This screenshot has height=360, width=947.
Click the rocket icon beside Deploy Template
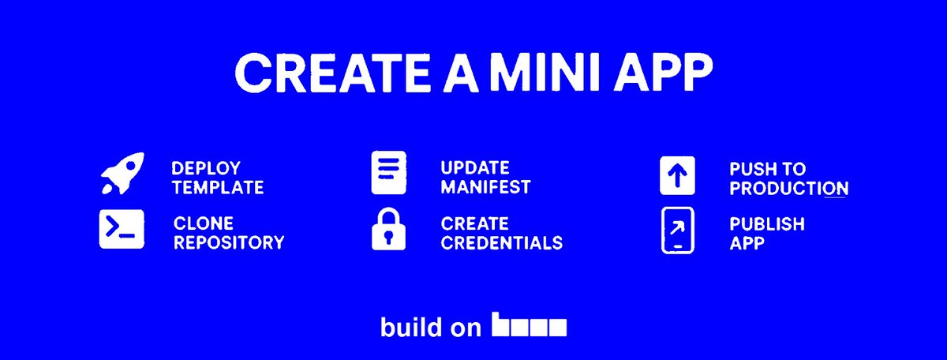click(x=122, y=174)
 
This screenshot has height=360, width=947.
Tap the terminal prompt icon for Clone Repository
click(x=122, y=229)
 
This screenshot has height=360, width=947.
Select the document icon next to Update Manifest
click(x=389, y=173)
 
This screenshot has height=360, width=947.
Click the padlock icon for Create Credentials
click(x=388, y=230)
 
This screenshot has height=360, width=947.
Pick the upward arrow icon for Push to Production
click(x=677, y=174)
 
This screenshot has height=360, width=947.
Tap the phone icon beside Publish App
click(x=677, y=231)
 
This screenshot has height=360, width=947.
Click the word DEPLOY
click(x=206, y=168)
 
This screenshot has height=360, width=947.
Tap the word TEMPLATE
click(x=217, y=188)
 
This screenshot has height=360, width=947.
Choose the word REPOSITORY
click(x=228, y=242)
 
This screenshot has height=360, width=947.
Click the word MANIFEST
click(x=485, y=188)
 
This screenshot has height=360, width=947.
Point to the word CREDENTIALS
click(x=501, y=242)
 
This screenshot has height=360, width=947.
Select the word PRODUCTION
click(x=788, y=189)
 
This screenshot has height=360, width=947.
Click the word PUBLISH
click(x=766, y=224)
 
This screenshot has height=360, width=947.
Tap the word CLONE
click(x=204, y=224)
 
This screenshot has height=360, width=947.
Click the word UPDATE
click(x=475, y=168)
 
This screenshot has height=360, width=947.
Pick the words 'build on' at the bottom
click(x=430, y=327)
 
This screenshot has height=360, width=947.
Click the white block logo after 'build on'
click(x=529, y=325)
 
